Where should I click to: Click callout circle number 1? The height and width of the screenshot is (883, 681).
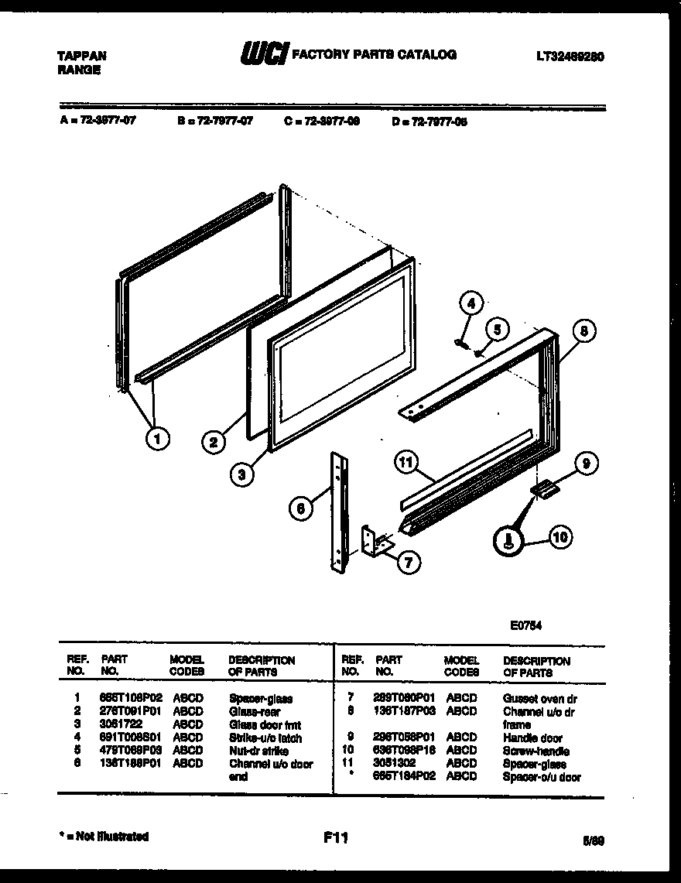(x=158, y=439)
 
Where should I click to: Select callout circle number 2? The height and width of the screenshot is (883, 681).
(x=214, y=443)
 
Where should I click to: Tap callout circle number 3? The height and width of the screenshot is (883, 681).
(x=243, y=474)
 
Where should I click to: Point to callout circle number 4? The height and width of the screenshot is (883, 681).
(x=473, y=303)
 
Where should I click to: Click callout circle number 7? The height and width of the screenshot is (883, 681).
(x=407, y=561)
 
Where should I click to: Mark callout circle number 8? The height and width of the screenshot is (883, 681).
(x=585, y=330)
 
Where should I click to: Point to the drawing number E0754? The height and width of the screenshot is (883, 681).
(x=526, y=627)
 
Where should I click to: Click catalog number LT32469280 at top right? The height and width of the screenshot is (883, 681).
(x=570, y=56)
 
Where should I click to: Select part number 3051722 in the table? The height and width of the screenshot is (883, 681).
(x=121, y=724)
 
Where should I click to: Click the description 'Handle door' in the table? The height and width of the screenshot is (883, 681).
(x=533, y=738)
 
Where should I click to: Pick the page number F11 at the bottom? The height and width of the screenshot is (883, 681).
(x=337, y=837)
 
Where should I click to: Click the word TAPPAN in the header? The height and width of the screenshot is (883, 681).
(x=83, y=56)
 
